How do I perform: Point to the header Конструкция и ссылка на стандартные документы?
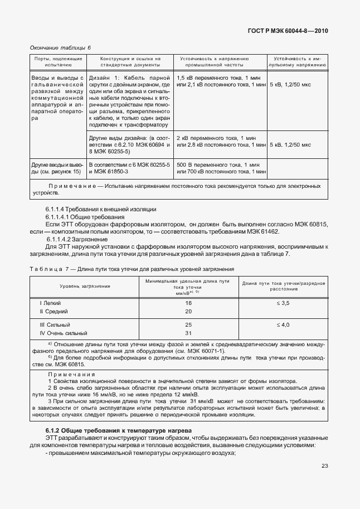130,61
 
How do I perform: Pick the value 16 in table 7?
188,303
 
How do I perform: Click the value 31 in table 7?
188,333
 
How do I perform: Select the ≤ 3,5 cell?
284,303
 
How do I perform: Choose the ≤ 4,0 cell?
284,324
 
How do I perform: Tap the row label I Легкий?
50,303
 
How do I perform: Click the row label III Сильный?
55,324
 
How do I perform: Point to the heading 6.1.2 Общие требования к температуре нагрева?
118,431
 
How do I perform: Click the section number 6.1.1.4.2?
61,240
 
